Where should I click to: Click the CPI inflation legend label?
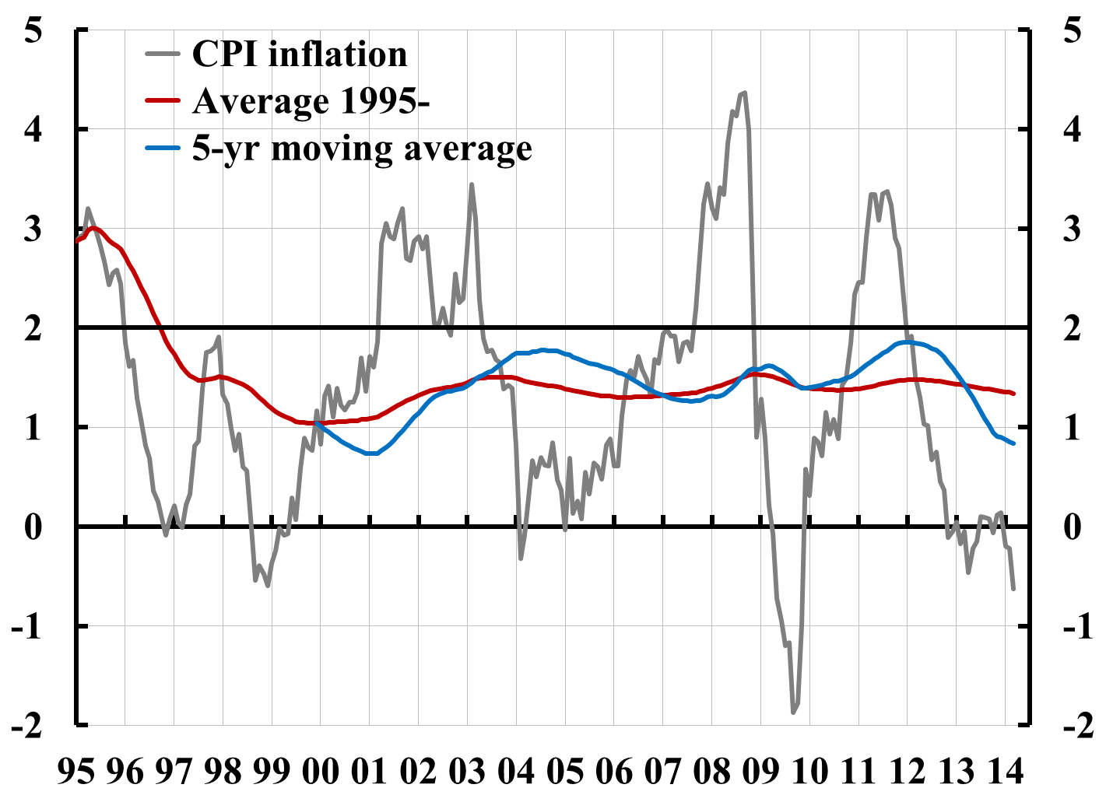click(300, 54)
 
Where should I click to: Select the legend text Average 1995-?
click(311, 101)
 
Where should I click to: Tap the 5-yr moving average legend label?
click(362, 148)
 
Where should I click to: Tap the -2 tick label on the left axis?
click(26, 726)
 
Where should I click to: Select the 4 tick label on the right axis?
click(1072, 129)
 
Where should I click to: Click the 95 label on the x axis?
click(76, 771)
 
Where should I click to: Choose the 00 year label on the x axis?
click(321, 771)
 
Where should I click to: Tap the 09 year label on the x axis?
click(760, 771)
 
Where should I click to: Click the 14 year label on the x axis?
click(1005, 771)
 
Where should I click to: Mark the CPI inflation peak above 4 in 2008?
click(744, 93)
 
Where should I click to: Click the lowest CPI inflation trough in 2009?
click(793, 712)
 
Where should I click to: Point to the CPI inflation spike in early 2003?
click(472, 184)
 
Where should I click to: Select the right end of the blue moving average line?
click(1013, 443)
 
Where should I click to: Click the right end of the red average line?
click(1013, 394)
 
